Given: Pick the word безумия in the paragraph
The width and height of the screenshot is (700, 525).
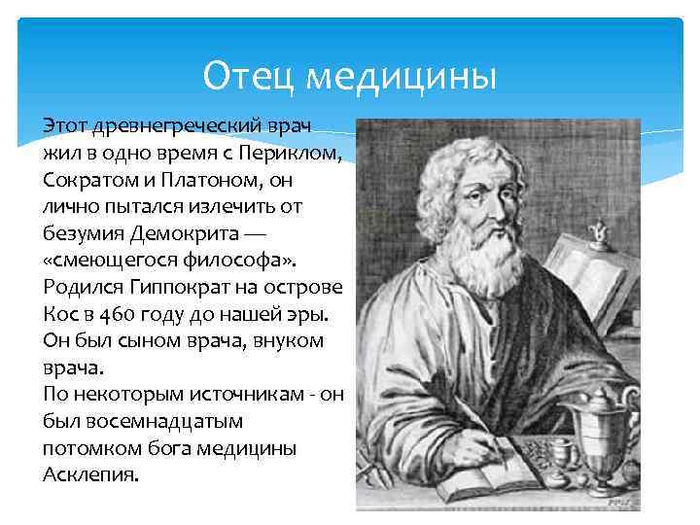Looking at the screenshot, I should coord(83,235).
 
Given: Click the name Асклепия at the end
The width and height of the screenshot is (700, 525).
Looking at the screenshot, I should coord(91,474).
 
